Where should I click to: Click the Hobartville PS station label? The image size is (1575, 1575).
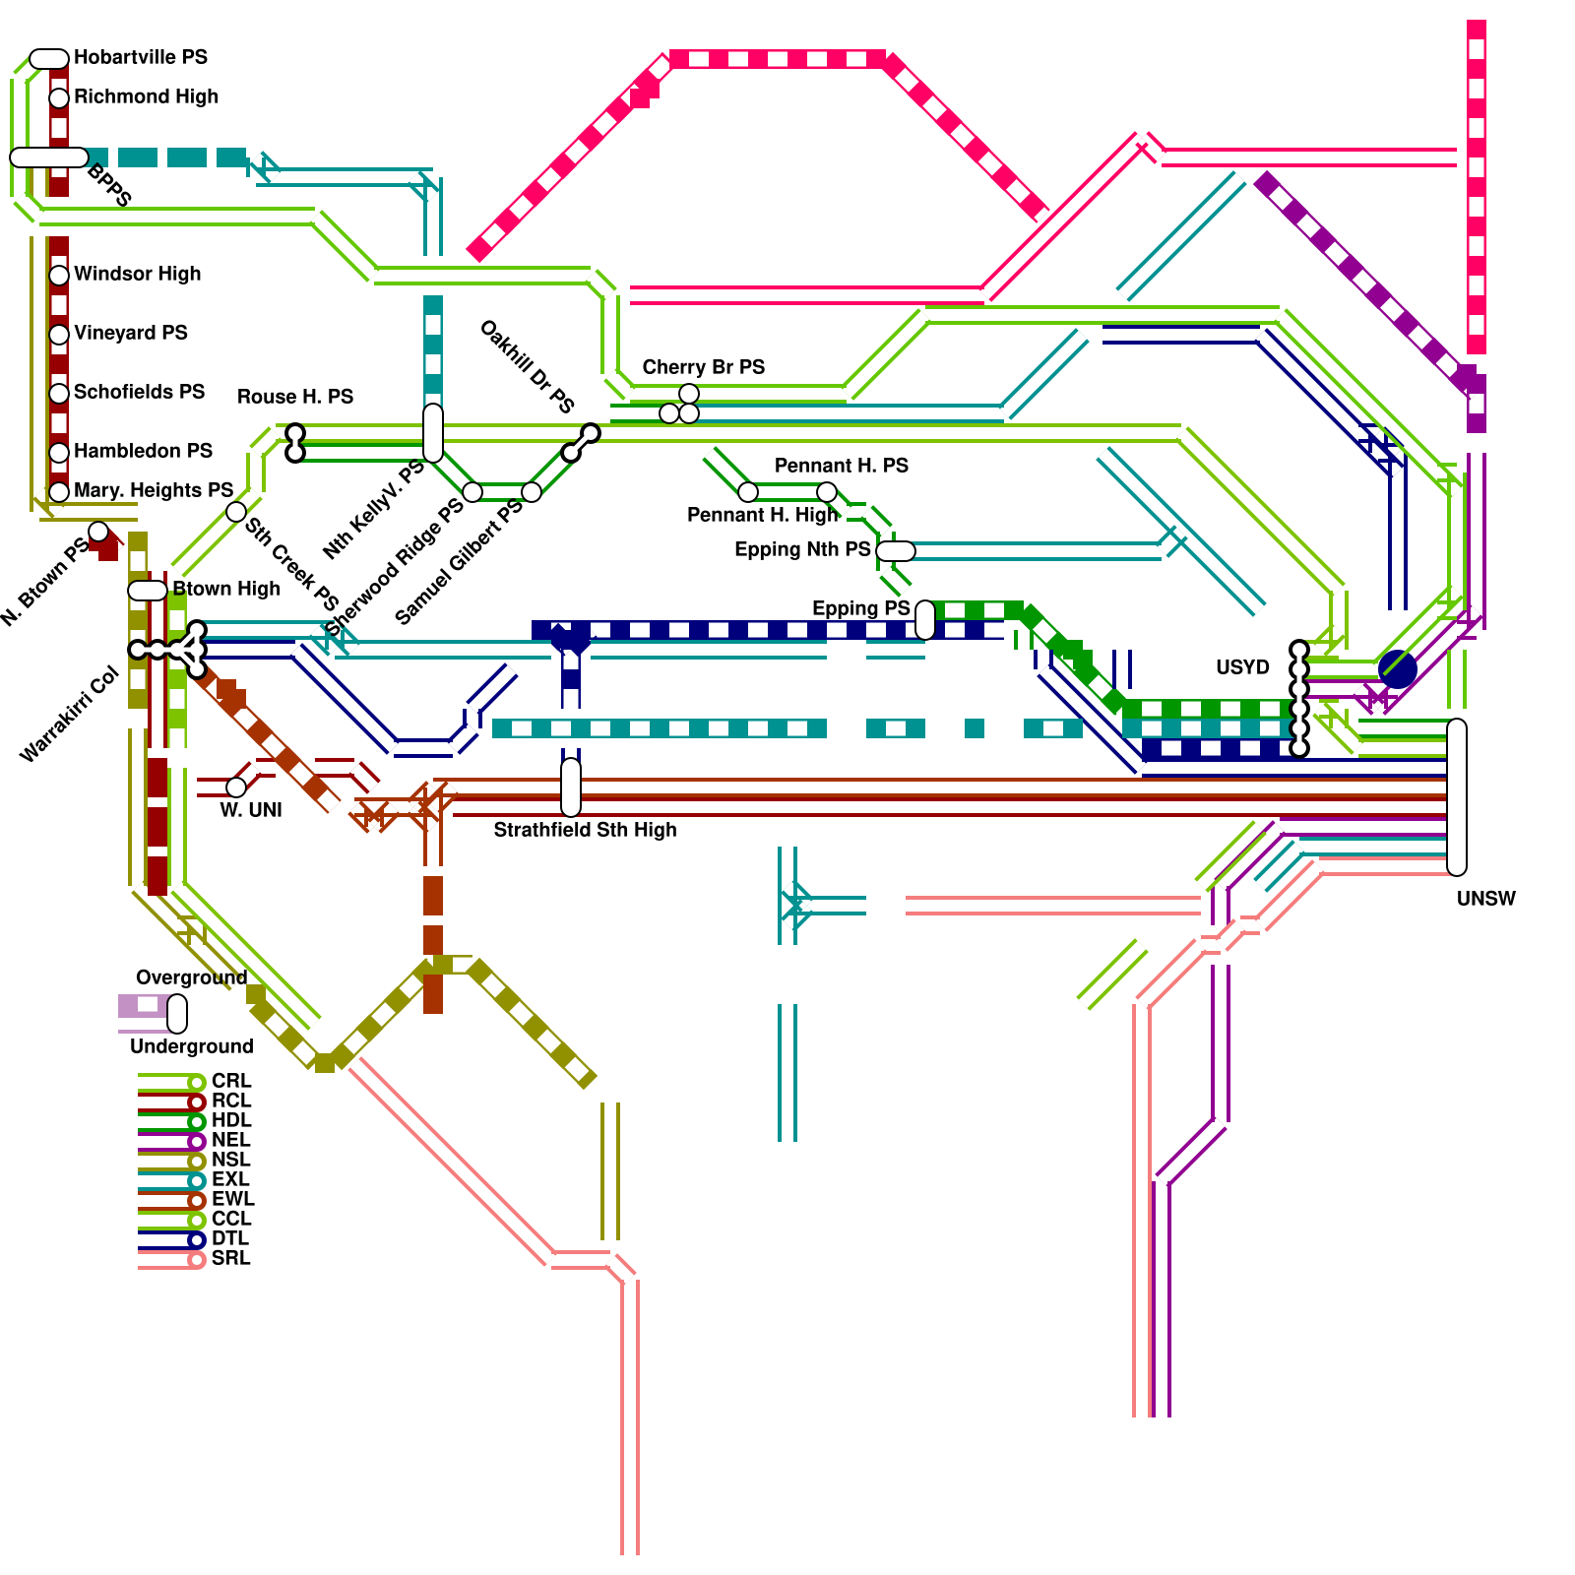pos(141,57)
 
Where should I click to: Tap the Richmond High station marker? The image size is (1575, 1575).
pos(59,97)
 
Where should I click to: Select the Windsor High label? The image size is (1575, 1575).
pos(137,274)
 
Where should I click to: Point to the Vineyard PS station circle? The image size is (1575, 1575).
pos(59,334)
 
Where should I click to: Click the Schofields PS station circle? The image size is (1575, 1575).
pos(59,393)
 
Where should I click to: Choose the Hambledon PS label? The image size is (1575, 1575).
pos(143,451)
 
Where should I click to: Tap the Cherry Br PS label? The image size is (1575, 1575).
pos(703,367)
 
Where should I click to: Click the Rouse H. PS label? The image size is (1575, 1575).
pos(294,397)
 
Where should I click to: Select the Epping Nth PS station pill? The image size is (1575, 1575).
pos(895,551)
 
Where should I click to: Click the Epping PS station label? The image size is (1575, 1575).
pos(860,608)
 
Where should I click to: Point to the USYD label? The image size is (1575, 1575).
pos(1242,667)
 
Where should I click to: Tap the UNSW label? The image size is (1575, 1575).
pos(1485,899)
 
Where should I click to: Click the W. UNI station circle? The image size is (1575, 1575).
pos(236,787)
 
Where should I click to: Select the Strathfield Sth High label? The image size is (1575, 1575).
pos(585,830)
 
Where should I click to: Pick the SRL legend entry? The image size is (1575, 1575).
pos(230,1258)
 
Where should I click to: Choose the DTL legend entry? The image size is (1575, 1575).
pos(229,1238)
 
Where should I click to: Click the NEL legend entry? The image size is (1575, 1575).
pos(230,1140)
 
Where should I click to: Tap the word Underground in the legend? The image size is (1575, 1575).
pos(191,1046)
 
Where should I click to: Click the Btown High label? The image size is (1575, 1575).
pos(225,589)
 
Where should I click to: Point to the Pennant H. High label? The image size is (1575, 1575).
pos(762,515)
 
